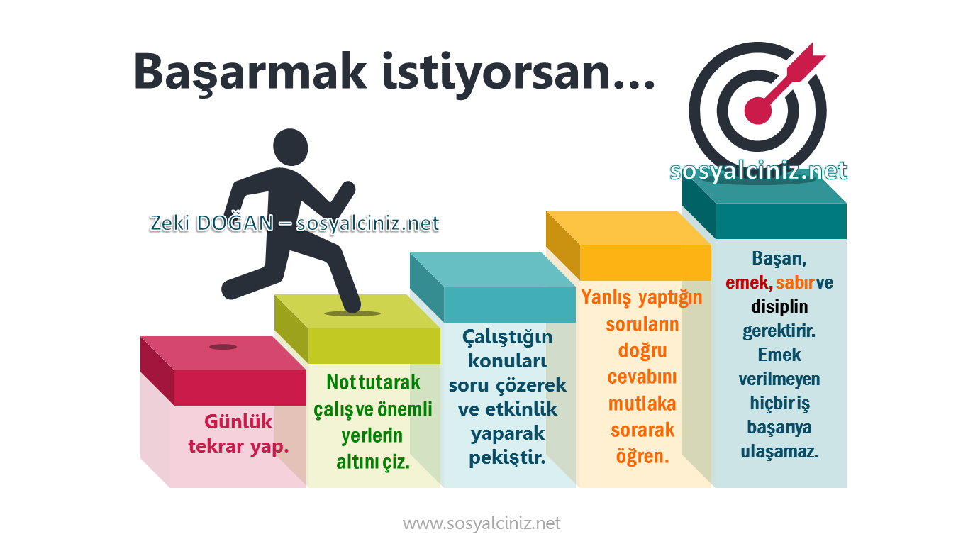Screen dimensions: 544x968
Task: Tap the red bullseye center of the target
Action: pyautogui.click(x=757, y=109)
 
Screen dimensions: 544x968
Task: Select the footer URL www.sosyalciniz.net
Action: pyautogui.click(x=482, y=523)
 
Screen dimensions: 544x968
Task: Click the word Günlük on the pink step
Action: pyautogui.click(x=238, y=422)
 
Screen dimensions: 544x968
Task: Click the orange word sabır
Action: pyautogui.click(x=795, y=282)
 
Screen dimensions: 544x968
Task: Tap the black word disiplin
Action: pyautogui.click(x=779, y=307)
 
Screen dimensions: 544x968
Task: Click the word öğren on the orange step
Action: pyautogui.click(x=642, y=456)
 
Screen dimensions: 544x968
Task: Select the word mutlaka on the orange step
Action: pyautogui.click(x=642, y=404)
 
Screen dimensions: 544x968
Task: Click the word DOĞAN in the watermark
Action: pyautogui.click(x=235, y=223)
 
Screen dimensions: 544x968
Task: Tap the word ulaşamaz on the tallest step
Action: pyautogui.click(x=779, y=451)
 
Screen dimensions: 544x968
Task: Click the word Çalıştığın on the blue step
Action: pyautogui.click(x=507, y=336)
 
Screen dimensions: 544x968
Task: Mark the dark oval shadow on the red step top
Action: pyautogui.click(x=223, y=347)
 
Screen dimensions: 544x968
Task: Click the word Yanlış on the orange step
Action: pyautogui.click(x=606, y=298)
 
